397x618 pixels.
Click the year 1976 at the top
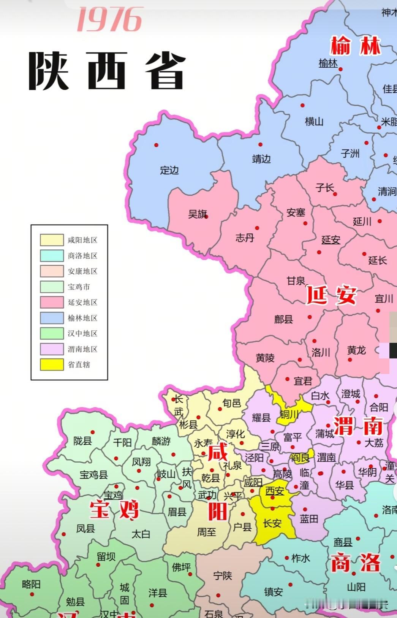pos(109,20)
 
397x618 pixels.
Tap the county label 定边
pos(169,170)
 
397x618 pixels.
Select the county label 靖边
pos(261,159)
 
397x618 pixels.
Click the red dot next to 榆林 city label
pos(340,69)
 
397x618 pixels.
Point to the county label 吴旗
pos(198,214)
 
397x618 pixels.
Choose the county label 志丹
pos(245,238)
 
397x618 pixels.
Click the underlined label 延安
pos(331,240)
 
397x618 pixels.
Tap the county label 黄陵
pos(265,358)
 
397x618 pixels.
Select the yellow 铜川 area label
pos(289,415)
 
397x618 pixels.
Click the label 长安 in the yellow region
pos(272,523)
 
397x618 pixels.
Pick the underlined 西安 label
pos(275,491)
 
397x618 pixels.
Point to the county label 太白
pos(141,534)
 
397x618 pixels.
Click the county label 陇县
pos(82,441)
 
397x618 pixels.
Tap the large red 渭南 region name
pos(358,426)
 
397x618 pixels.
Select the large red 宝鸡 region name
pos(114,510)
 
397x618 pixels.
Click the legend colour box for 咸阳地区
pos(52,240)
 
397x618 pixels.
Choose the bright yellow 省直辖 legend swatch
pos(52,364)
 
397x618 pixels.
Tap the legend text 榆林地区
pos(82,318)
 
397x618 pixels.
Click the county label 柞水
pos(301,558)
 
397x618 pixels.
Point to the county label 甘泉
pos(296,281)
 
